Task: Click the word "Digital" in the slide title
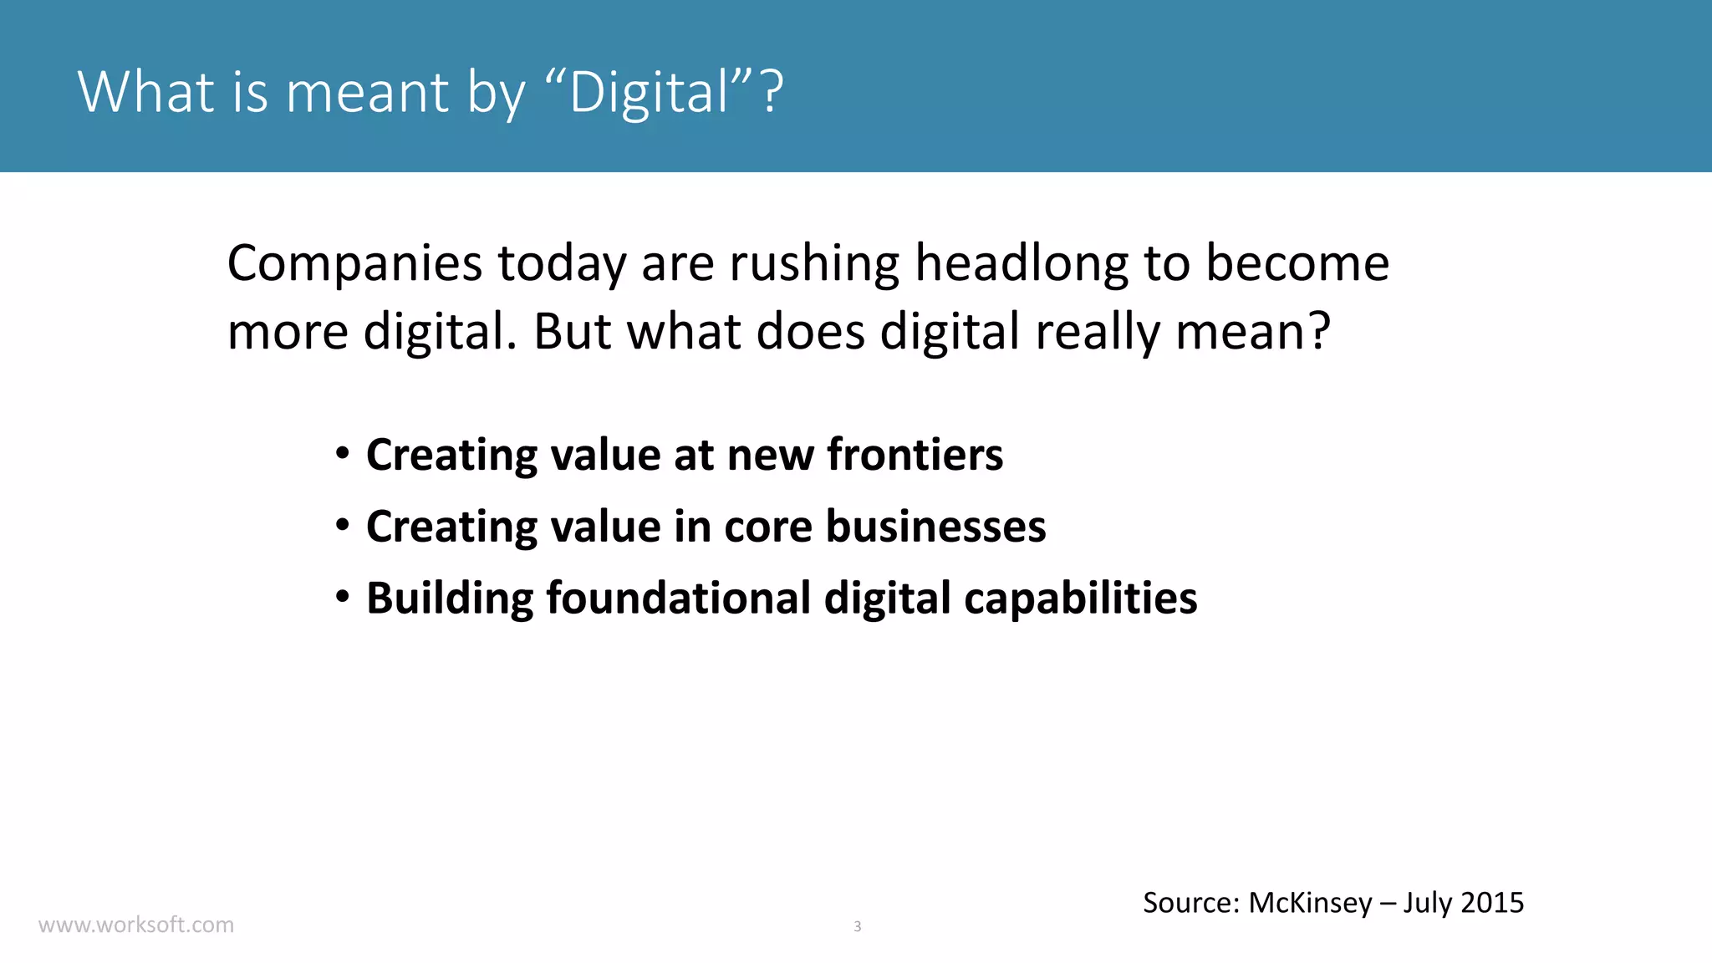650,92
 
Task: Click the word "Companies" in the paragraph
354,264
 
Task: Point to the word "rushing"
814,264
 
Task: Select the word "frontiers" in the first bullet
915,455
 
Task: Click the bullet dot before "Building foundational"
342,598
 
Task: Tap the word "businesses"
935,527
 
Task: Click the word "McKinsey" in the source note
1310,903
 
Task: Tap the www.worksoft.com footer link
136,925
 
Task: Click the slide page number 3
857,926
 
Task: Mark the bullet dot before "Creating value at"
342,455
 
